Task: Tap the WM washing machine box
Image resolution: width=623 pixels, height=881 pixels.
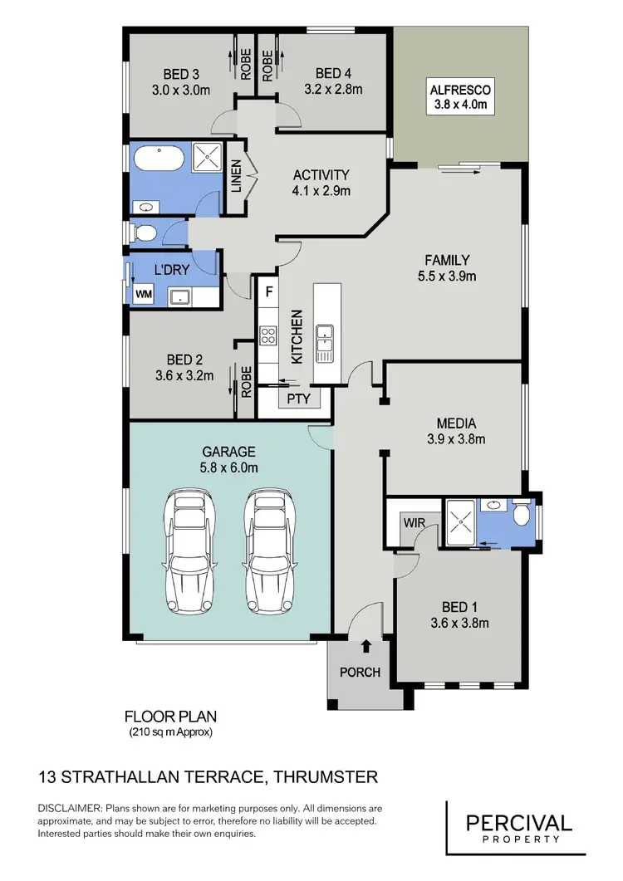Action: (x=143, y=294)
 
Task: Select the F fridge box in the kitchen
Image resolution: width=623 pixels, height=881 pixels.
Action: (x=268, y=292)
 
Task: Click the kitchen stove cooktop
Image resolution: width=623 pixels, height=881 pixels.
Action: (x=269, y=335)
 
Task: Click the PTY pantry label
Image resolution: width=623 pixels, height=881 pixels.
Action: (x=298, y=399)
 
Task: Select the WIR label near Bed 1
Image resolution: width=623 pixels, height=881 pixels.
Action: (x=415, y=523)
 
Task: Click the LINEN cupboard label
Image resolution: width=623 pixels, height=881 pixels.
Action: (x=236, y=176)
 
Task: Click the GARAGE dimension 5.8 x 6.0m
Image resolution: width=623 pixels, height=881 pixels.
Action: (x=229, y=467)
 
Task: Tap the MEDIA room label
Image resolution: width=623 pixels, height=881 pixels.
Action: (x=454, y=422)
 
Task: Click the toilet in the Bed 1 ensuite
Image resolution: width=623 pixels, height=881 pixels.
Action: (x=522, y=516)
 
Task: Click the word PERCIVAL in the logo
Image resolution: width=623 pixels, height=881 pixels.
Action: (x=518, y=823)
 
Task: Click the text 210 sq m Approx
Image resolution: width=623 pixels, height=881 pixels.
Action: (x=170, y=732)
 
